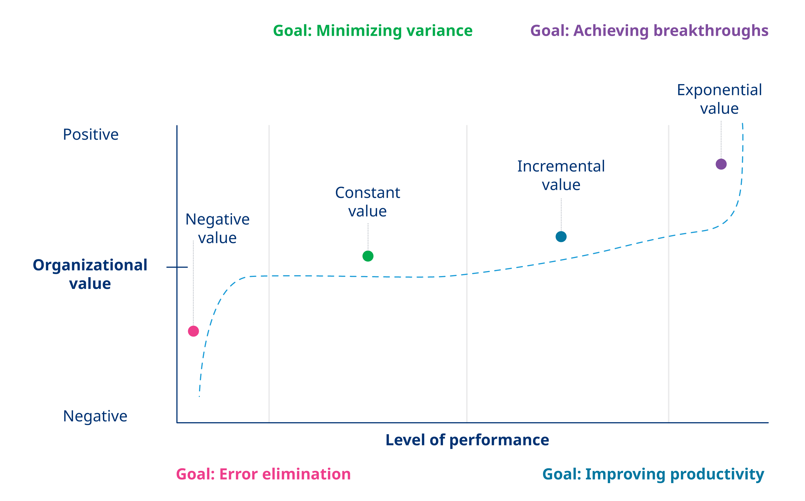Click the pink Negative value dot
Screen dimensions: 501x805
[193, 331]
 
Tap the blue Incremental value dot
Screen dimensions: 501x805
[561, 237]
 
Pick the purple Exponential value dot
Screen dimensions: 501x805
[721, 164]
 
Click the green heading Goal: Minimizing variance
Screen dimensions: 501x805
[373, 31]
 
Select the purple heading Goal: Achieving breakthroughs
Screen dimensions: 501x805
[649, 31]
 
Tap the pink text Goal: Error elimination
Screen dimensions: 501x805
[263, 474]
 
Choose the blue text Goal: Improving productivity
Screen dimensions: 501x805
[653, 474]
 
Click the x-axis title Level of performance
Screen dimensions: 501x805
[467, 440]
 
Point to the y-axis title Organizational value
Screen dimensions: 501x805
[90, 274]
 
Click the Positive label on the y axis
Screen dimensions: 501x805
[91, 134]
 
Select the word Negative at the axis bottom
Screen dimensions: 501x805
[95, 416]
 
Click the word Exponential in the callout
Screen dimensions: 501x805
[719, 90]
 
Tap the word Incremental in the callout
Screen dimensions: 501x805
[561, 166]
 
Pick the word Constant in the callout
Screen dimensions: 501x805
[368, 193]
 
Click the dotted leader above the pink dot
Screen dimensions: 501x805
[193, 282]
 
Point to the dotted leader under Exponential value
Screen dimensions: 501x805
[721, 139]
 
